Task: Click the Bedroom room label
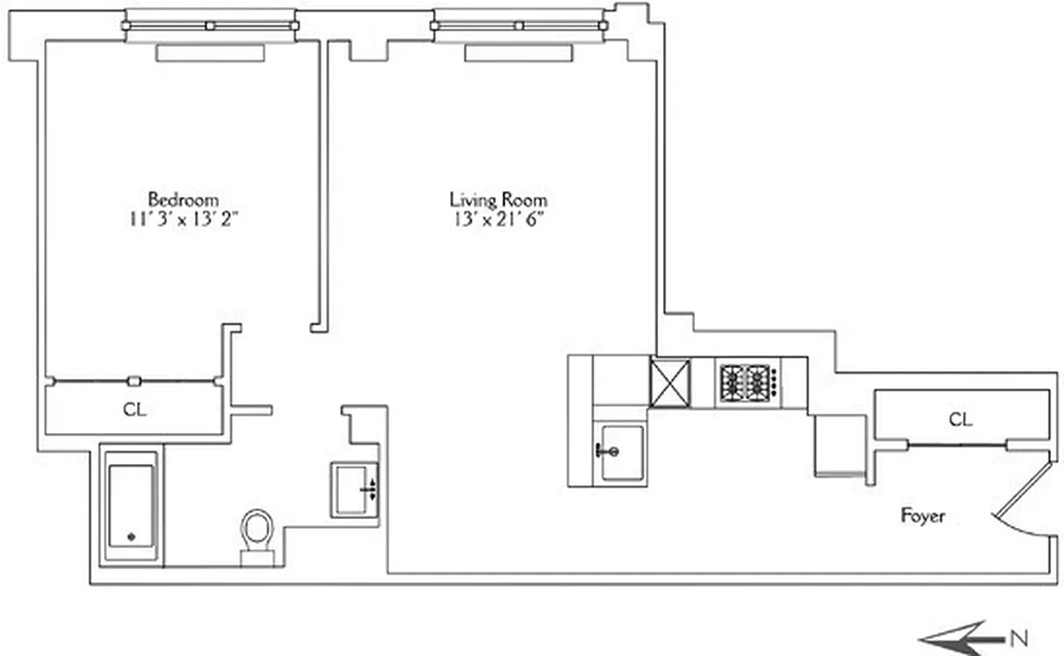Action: tap(183, 199)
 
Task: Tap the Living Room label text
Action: tap(498, 199)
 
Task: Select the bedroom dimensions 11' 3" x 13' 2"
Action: tap(183, 219)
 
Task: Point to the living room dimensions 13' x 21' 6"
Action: tap(498, 219)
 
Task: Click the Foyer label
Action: tap(922, 516)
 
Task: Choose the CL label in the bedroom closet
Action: tap(135, 409)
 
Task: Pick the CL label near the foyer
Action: tap(961, 420)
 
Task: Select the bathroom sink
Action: tap(355, 490)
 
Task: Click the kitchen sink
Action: tap(621, 452)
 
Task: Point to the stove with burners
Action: tap(748, 381)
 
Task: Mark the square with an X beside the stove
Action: tap(671, 382)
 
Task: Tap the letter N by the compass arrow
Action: tap(1018, 638)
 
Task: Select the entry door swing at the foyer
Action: tap(1022, 501)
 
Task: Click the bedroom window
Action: tap(210, 25)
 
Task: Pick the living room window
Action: tap(518, 25)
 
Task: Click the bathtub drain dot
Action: tap(131, 537)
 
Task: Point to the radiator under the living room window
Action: tap(518, 53)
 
